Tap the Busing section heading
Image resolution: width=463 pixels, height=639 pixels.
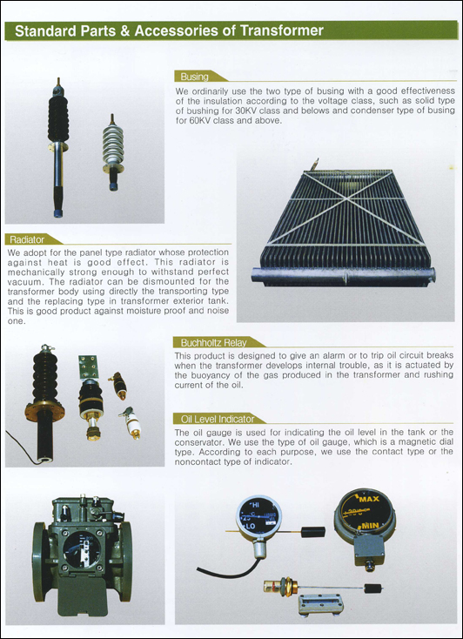(194, 77)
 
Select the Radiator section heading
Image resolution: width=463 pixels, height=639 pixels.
(27, 239)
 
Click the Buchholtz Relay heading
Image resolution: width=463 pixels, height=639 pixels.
(213, 342)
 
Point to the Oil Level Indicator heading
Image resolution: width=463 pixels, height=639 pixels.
(218, 419)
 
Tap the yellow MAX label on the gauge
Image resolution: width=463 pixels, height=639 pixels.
(369, 499)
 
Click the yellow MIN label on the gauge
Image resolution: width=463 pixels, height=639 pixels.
(370, 526)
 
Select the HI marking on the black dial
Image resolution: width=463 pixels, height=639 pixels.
(255, 505)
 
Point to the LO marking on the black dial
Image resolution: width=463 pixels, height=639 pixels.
(251, 526)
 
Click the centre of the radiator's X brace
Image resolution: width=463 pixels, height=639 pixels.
(346, 198)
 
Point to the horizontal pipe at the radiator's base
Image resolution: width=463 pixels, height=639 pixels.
(344, 276)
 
